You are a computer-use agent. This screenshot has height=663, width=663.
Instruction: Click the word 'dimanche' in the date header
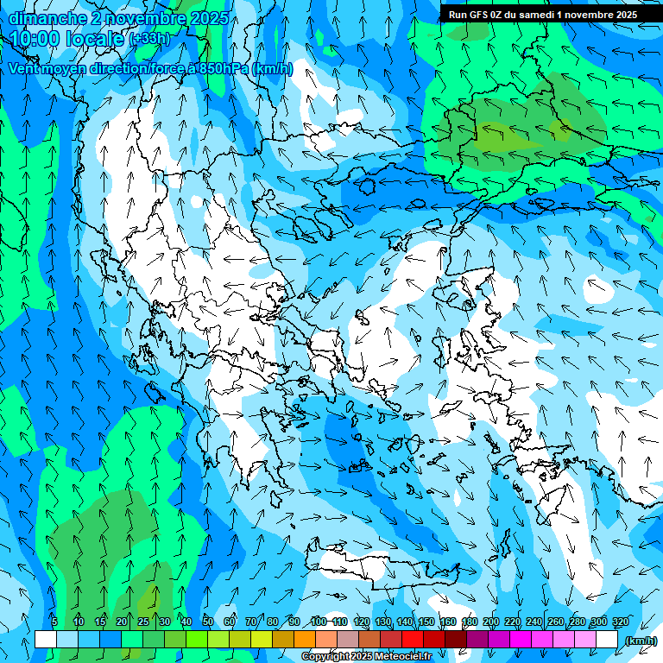point(47,17)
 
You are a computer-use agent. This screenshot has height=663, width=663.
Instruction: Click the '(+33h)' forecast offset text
point(149,39)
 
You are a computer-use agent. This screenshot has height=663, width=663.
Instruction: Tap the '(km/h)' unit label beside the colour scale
point(641,641)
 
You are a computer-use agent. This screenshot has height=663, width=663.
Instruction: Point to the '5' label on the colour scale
point(54,622)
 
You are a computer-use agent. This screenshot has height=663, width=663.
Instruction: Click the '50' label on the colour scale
point(208,622)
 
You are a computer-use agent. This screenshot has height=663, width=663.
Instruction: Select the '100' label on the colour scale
point(319,622)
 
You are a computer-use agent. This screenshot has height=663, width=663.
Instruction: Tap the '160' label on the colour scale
point(448,622)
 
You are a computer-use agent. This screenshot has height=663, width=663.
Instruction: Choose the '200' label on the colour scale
point(491,622)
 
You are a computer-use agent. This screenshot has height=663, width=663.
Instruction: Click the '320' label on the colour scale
point(621,622)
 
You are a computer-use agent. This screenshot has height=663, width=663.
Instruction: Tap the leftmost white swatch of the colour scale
point(46,640)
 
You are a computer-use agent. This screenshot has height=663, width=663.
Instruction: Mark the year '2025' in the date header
point(209,17)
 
